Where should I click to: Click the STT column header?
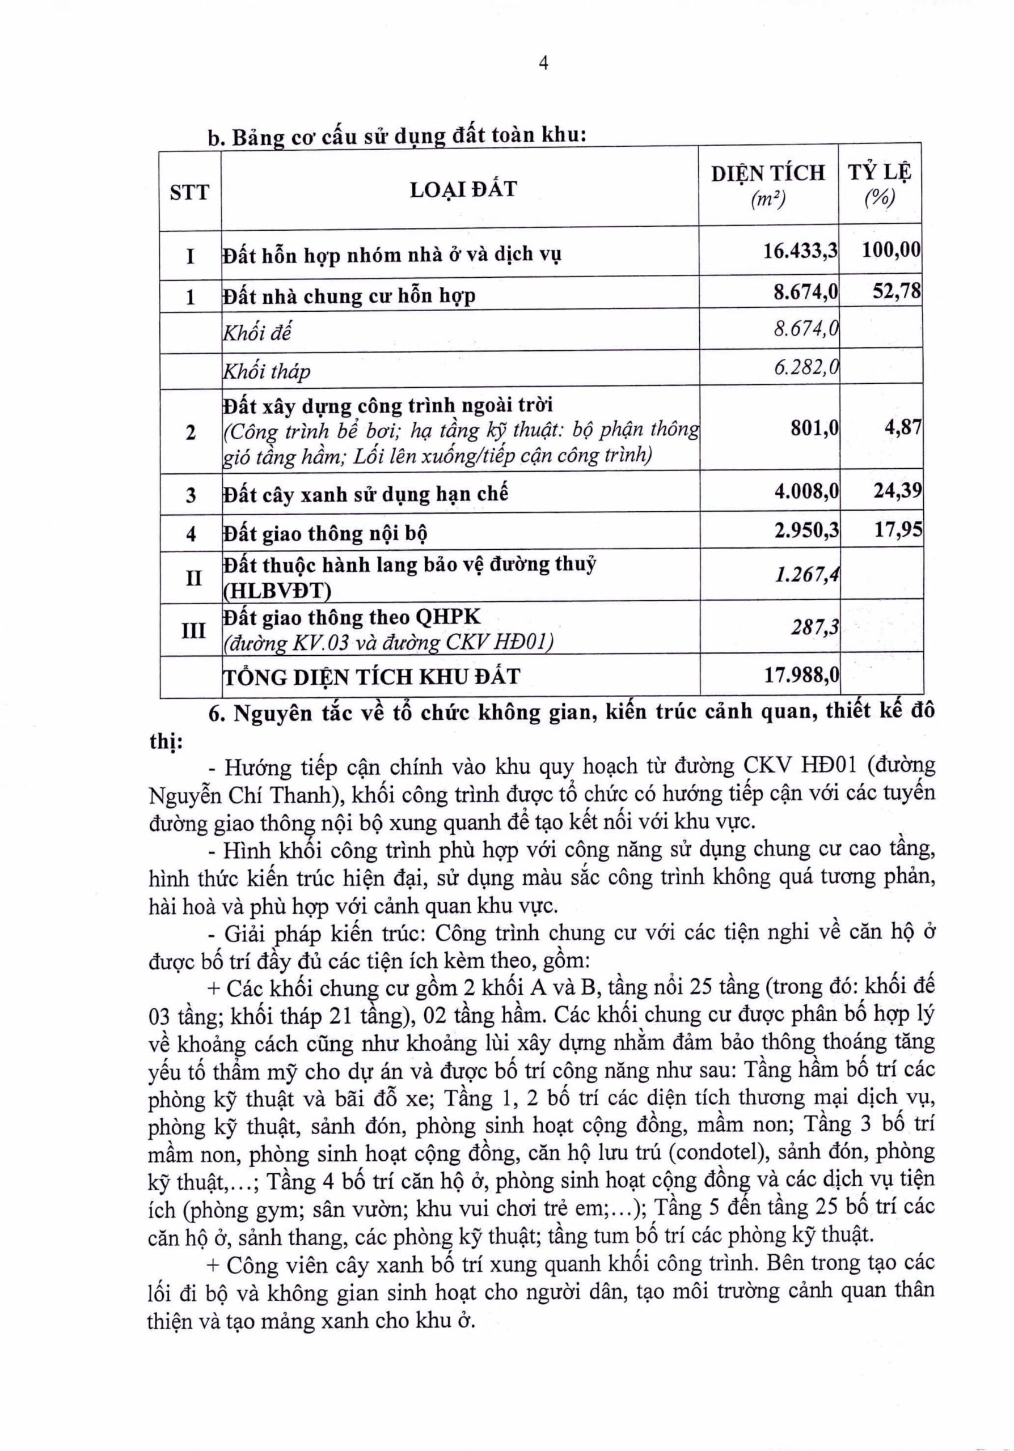(x=189, y=192)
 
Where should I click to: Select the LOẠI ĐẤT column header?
(x=463, y=189)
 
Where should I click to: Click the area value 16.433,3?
(x=800, y=251)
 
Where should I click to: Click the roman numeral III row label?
(x=193, y=630)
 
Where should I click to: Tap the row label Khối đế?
(x=257, y=332)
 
